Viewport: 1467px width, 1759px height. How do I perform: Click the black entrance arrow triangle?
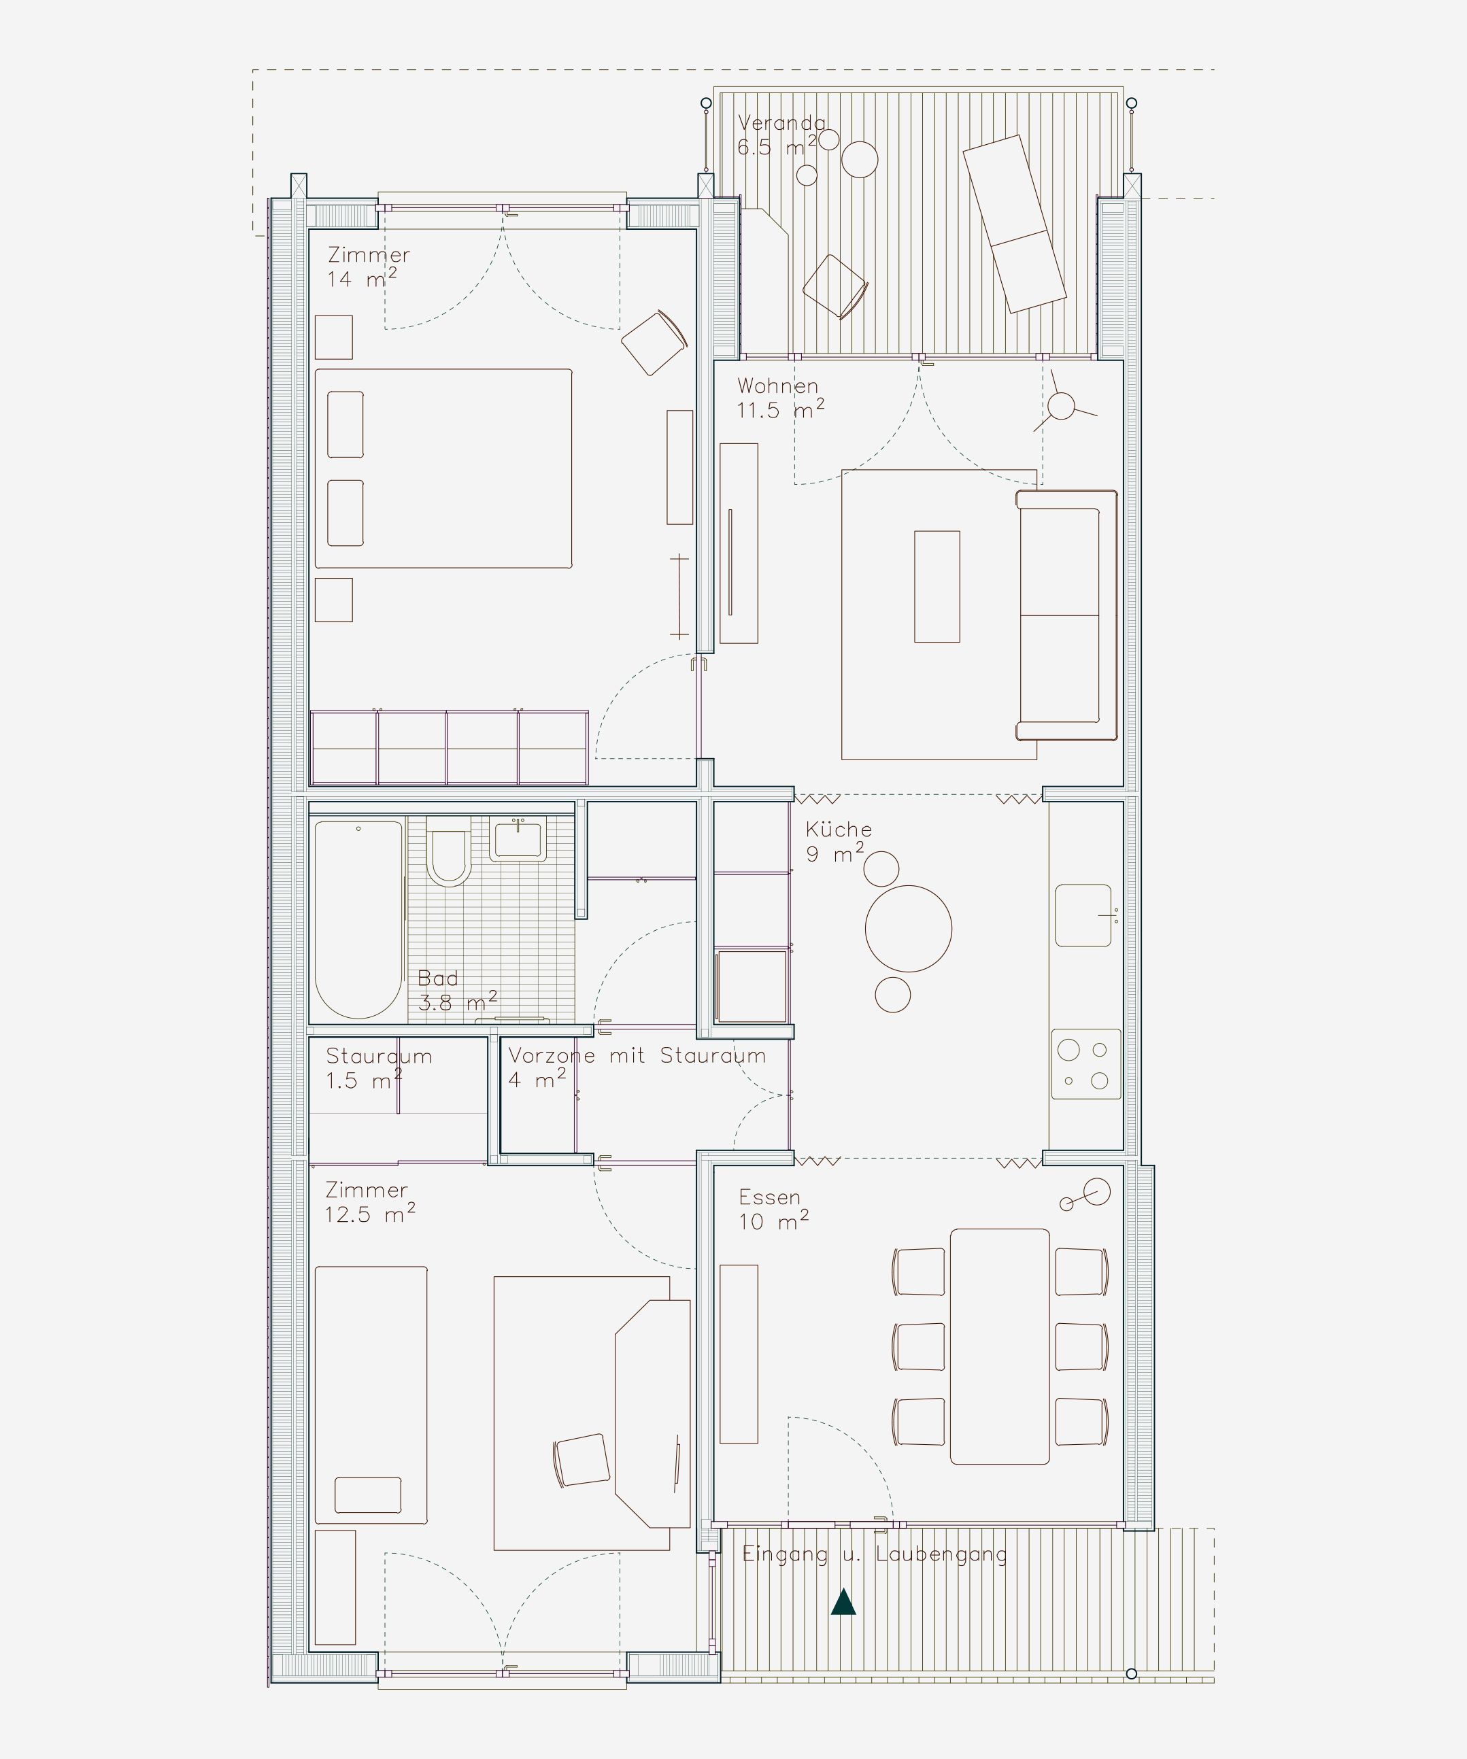point(843,1603)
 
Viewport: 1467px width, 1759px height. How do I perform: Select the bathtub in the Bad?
point(358,919)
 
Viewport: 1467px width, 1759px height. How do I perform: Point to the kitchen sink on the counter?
point(1083,915)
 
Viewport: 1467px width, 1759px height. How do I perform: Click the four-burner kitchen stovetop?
point(1085,1064)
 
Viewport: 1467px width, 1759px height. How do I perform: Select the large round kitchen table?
point(909,929)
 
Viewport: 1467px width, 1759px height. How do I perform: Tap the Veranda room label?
point(781,123)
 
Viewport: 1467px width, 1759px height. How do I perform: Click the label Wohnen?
point(777,386)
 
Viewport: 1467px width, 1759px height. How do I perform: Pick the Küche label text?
point(839,830)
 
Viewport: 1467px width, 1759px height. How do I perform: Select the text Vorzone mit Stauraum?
point(637,1055)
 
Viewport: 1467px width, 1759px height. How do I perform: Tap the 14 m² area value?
point(362,278)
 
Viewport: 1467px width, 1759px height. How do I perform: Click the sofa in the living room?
point(1066,615)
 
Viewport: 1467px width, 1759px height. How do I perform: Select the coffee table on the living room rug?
point(937,586)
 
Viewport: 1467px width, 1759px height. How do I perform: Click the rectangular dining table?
point(1000,1346)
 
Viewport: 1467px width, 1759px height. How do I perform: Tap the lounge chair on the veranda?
point(1014,224)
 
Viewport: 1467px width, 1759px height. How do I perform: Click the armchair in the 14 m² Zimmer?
point(654,343)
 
